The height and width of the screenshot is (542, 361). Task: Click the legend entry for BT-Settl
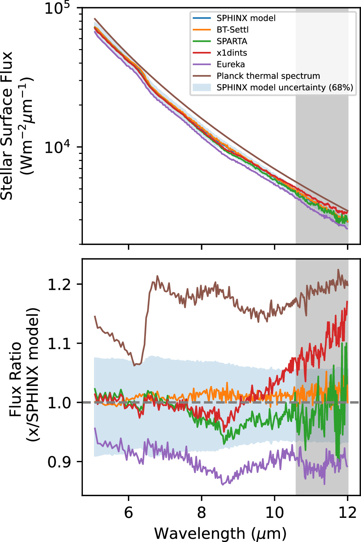click(232, 30)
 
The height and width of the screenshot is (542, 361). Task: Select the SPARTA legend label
click(232, 41)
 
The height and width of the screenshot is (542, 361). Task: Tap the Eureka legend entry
click(231, 64)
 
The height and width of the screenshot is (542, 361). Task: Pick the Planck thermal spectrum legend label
click(268, 76)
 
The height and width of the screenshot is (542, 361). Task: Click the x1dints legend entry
click(232, 53)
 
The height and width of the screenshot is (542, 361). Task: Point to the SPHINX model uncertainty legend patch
click(202, 87)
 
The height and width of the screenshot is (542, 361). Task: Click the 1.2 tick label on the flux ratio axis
click(60, 284)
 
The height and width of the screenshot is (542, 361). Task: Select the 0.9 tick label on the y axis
click(60, 462)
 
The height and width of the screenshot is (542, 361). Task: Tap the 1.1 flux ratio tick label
click(60, 343)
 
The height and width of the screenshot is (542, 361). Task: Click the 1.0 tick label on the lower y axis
click(60, 403)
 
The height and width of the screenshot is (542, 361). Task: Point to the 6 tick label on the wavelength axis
click(129, 512)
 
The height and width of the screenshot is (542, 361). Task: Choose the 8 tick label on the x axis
click(201, 512)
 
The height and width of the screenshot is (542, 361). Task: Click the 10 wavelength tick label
click(275, 512)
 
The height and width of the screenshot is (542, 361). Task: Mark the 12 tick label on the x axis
click(348, 512)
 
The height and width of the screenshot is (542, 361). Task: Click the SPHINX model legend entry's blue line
click(202, 18)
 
